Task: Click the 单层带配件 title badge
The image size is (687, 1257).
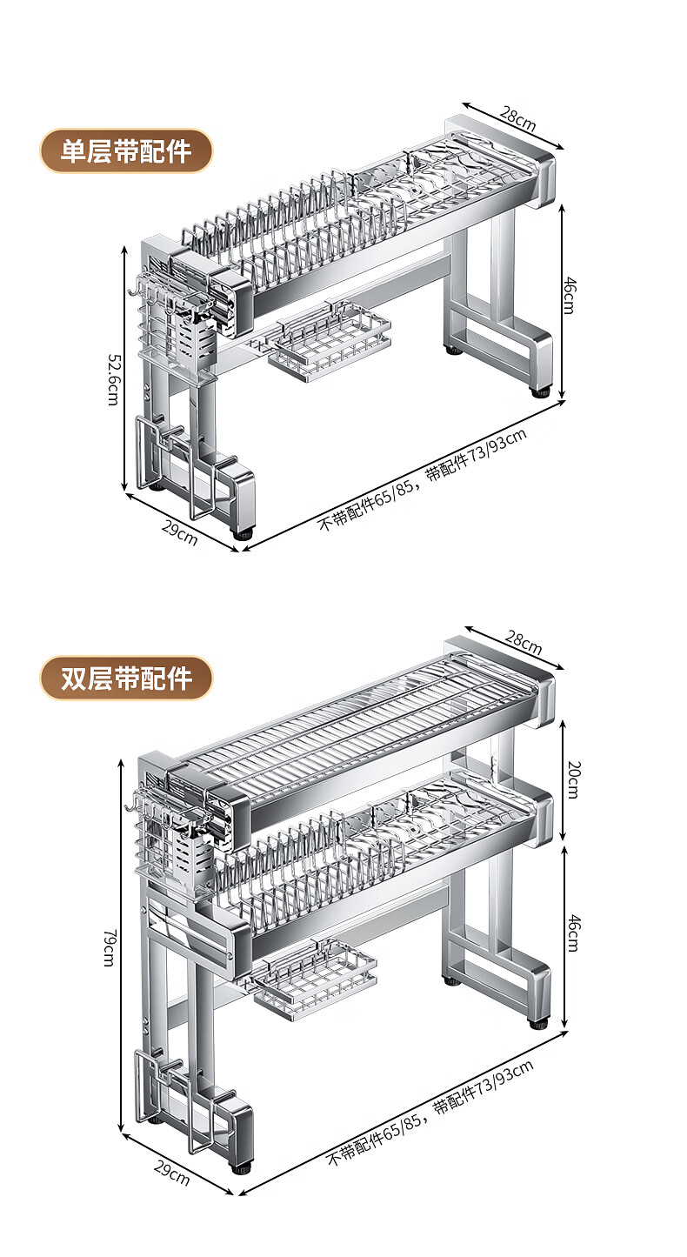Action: [126, 151]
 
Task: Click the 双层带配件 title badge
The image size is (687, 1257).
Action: [126, 679]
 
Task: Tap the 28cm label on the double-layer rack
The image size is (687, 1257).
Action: [524, 645]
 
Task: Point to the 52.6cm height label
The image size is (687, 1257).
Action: [112, 378]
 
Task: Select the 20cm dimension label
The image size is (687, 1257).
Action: [572, 779]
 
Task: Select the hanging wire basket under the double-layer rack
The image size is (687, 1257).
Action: [316, 979]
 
